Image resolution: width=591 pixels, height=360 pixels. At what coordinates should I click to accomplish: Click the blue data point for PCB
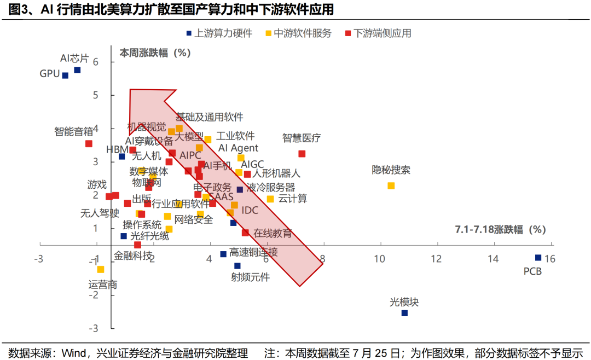538,258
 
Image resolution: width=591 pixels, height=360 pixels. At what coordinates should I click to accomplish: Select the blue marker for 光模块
404,313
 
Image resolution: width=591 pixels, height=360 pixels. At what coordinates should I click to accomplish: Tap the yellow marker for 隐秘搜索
391,186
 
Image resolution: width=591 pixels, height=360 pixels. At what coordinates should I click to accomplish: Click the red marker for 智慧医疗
302,154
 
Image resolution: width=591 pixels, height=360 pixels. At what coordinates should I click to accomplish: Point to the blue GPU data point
65,76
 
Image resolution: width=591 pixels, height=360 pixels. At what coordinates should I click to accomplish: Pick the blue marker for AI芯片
77,70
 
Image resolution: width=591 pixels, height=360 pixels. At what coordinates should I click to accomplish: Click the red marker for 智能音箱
89,144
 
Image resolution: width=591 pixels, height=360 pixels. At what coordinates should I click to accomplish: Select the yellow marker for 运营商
100,269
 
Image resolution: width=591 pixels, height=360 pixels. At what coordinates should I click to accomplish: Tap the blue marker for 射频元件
237,266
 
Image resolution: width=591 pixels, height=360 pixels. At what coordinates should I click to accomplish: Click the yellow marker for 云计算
270,199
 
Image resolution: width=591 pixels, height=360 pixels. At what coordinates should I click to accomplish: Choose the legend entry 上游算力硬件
219,33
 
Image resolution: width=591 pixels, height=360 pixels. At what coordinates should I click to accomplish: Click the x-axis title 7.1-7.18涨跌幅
500,230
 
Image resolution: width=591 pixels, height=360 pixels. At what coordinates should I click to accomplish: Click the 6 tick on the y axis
95,62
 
